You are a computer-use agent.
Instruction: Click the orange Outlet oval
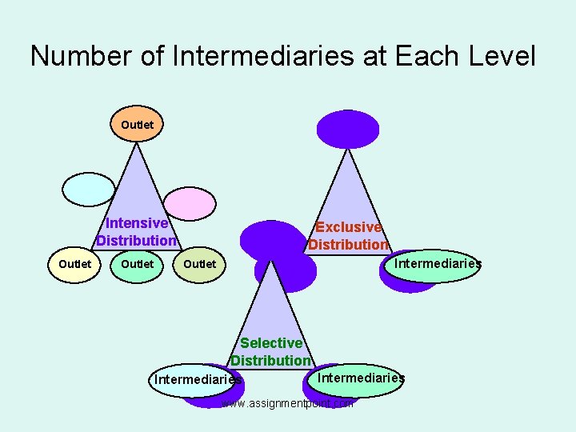(137, 126)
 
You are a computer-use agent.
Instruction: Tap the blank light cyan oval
(89, 190)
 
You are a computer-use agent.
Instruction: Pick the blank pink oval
(190, 203)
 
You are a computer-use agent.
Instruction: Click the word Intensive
(137, 223)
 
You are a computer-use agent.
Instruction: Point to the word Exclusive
(348, 227)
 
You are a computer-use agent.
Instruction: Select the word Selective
(271, 343)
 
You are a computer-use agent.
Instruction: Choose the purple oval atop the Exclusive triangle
(348, 128)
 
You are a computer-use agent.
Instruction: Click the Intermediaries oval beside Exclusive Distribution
(436, 265)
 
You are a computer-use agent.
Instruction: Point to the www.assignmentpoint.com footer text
(286, 404)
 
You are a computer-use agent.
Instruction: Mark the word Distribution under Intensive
(136, 240)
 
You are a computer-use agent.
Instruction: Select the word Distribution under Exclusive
(348, 244)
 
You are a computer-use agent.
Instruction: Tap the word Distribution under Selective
(270, 360)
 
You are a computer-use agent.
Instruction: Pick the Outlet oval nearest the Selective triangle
(200, 264)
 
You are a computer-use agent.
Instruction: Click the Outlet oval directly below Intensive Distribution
(137, 264)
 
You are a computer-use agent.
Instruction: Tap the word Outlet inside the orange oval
(137, 126)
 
